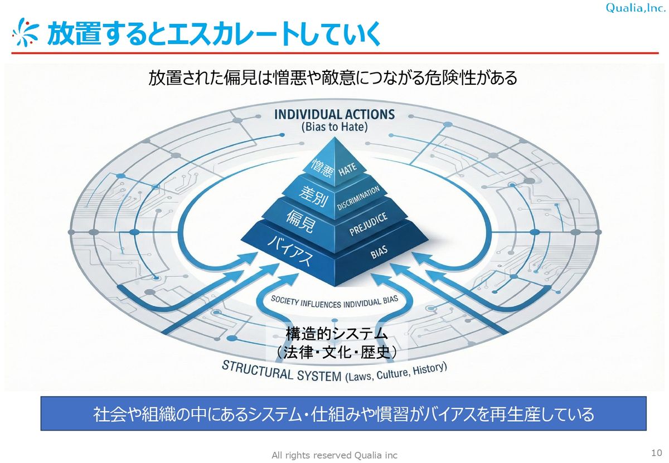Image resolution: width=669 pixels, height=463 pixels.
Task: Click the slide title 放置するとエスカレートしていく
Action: pyautogui.click(x=214, y=34)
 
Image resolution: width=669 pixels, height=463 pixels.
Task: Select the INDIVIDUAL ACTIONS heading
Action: pyautogui.click(x=334, y=115)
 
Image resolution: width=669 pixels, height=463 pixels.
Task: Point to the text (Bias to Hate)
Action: pyautogui.click(x=334, y=127)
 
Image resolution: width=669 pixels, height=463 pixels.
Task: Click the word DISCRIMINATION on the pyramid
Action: pyautogui.click(x=358, y=198)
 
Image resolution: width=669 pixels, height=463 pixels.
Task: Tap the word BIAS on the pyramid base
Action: pyautogui.click(x=379, y=254)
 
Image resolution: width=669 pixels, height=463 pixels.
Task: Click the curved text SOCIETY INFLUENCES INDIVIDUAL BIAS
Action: pyautogui.click(x=334, y=302)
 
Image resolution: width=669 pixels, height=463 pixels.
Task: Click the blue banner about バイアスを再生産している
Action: pyautogui.click(x=343, y=414)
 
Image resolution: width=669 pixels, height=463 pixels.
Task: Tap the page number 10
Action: pyautogui.click(x=656, y=451)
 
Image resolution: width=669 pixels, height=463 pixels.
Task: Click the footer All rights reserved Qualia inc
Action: pyautogui.click(x=334, y=455)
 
